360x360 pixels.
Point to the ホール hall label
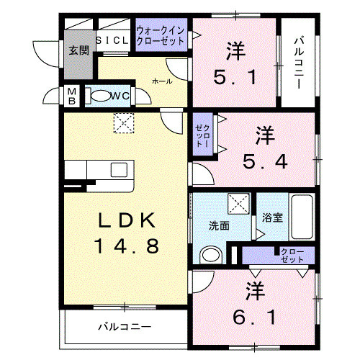click(x=161, y=81)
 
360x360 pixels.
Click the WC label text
click(x=120, y=94)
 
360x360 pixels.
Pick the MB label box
click(x=72, y=96)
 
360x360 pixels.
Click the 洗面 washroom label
click(x=220, y=225)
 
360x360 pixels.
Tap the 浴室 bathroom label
click(x=271, y=217)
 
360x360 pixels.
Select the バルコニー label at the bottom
click(x=125, y=328)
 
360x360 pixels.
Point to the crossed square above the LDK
click(x=125, y=123)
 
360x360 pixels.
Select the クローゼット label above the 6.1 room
click(x=290, y=255)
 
